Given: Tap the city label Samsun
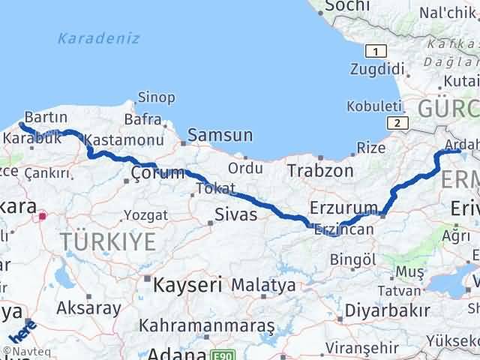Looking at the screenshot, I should pos(220,136).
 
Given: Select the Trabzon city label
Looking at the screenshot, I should pos(319,171).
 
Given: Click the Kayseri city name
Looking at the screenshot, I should pos(187,285).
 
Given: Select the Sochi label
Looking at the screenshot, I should pos(344,6).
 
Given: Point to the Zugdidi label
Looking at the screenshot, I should pos(377,70).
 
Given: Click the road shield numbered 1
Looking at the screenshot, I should pos(375,50).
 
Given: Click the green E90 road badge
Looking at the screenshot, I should pos(220,355).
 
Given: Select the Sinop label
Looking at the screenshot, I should pos(156,97).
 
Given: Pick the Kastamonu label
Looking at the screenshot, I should pos(124,140).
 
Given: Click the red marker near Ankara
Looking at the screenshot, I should pos(43,217).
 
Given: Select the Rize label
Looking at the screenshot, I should pos(370,148).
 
